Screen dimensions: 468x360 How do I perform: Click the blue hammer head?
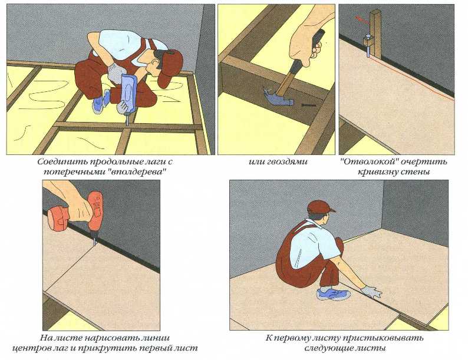point(278,97)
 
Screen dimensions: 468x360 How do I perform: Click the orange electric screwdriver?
point(78,213)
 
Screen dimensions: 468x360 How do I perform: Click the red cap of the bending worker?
point(171,68)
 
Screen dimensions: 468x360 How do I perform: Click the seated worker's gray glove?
point(371,292)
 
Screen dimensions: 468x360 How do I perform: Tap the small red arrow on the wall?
point(362,19)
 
